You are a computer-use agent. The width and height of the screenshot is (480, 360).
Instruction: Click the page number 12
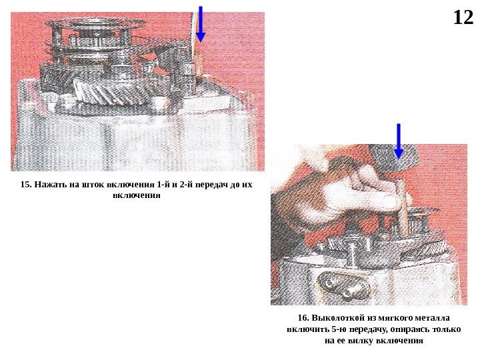[463, 18]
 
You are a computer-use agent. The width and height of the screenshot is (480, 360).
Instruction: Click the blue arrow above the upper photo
[200, 24]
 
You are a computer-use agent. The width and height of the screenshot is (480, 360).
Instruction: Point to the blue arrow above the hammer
[398, 141]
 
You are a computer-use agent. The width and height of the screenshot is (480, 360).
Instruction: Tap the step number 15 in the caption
[26, 185]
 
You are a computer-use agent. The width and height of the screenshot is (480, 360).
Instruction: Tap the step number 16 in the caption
[303, 318]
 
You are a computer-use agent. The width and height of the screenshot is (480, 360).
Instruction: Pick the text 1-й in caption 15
[159, 185]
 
